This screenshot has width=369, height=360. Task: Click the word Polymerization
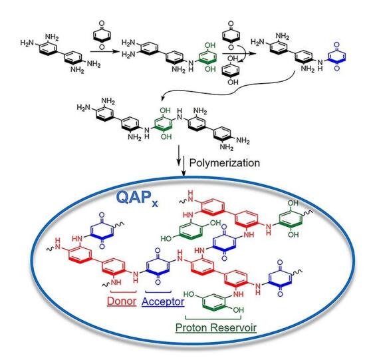tap(224, 163)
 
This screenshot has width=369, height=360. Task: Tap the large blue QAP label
tap(133, 197)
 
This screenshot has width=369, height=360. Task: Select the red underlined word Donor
tap(122, 301)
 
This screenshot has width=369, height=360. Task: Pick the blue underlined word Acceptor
tap(163, 301)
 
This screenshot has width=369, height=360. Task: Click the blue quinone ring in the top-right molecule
tap(337, 57)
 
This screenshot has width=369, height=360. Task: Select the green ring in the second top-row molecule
tap(207, 57)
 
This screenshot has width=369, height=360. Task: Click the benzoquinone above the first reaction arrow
tap(102, 35)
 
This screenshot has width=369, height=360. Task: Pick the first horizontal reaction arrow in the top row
tap(105, 51)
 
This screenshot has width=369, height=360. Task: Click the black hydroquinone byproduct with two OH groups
tap(231, 71)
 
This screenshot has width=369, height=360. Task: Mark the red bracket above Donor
tap(123, 291)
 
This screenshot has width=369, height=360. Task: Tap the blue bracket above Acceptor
tap(158, 292)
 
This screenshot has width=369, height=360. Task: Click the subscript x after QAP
tap(155, 203)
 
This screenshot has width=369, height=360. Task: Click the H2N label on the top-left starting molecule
tap(27, 43)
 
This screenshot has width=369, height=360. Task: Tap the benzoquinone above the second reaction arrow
tap(231, 35)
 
